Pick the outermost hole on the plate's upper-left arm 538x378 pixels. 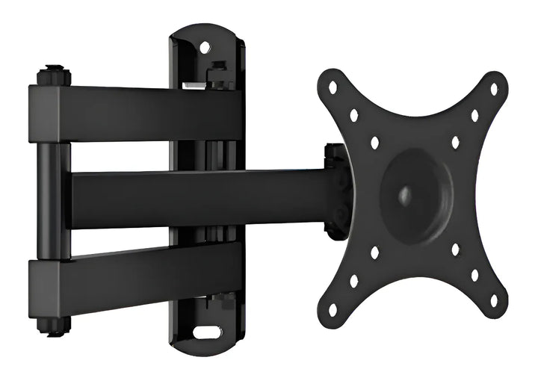[x=333, y=87]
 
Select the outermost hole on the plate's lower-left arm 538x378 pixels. [x=333, y=308]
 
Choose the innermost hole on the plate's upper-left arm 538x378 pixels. [x=374, y=142]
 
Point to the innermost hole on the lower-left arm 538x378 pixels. [x=374, y=252]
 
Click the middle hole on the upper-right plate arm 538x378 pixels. [x=474, y=116]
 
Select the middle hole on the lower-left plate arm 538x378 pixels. [x=353, y=281]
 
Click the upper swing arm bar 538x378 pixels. [x=134, y=111]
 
